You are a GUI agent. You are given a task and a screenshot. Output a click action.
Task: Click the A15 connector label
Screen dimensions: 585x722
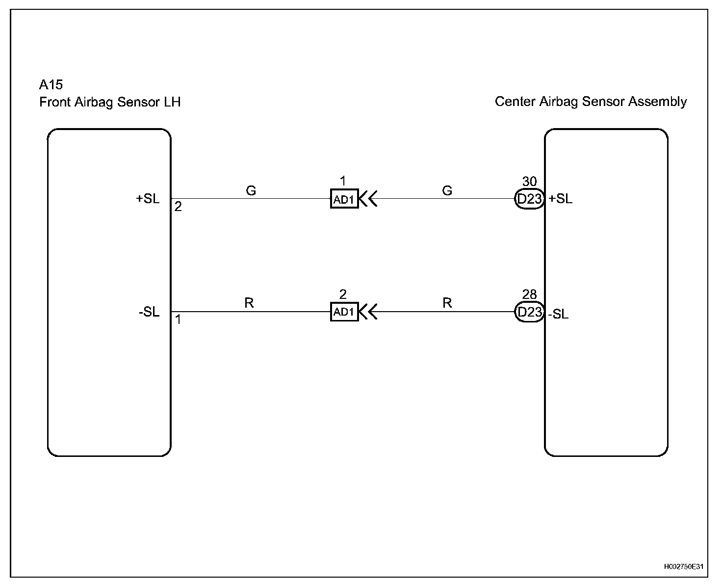51,85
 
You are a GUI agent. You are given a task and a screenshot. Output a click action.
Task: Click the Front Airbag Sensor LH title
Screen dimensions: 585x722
110,102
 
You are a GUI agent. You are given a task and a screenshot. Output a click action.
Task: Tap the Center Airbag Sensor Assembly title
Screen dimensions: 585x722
591,102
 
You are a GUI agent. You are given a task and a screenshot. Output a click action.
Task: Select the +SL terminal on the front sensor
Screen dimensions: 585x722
148,199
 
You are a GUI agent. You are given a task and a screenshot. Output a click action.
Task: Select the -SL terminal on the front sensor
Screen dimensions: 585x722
149,312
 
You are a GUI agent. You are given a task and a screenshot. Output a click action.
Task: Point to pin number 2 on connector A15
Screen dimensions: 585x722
178,207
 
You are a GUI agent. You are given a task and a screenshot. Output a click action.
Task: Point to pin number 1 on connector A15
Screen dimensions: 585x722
178,319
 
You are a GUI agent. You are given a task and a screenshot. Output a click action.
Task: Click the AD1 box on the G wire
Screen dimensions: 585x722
344,199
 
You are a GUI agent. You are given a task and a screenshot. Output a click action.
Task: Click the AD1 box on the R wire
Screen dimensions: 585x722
344,312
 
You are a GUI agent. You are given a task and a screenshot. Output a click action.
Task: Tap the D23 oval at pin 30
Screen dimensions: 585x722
529,199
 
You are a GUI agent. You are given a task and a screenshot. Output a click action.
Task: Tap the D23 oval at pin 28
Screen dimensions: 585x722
529,312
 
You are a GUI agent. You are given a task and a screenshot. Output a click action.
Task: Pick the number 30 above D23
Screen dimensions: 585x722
529,182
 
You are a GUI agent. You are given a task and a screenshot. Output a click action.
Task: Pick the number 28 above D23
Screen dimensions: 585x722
529,294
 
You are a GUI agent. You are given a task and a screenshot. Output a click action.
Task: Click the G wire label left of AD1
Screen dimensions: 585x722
251,190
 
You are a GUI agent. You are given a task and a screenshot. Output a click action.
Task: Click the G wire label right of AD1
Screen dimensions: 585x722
447,190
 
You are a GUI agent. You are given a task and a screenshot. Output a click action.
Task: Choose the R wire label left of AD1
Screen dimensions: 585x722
249,303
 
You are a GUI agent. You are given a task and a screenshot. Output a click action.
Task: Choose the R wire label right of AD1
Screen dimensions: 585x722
447,303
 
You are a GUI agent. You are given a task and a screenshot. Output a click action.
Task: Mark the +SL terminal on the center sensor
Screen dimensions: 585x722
561,199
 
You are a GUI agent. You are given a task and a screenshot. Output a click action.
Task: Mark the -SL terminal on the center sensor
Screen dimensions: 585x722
559,314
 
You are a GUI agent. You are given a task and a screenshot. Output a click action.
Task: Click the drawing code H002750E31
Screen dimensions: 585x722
684,567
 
